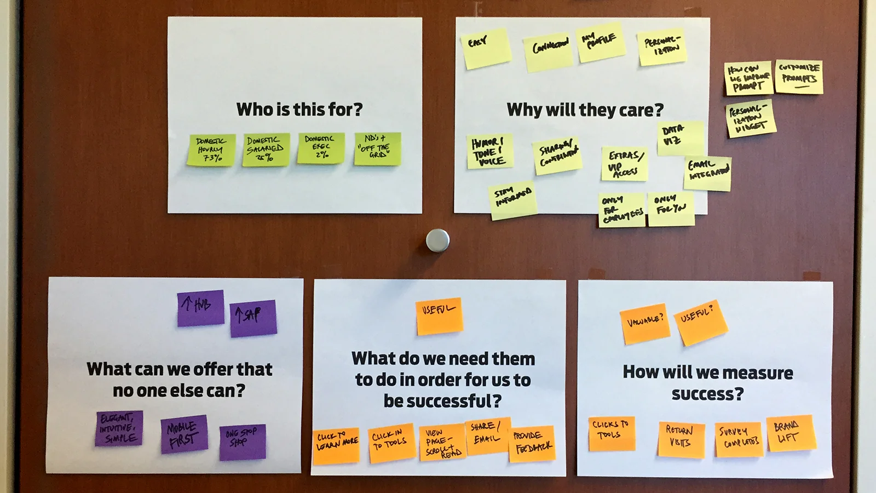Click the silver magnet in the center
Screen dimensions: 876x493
(x=437, y=240)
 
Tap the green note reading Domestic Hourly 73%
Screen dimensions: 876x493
(x=211, y=150)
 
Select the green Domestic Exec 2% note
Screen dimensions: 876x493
(x=321, y=148)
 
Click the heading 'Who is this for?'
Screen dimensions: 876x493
(x=299, y=110)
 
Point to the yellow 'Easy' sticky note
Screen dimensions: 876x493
(x=487, y=49)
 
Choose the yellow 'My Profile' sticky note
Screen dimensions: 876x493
(x=601, y=42)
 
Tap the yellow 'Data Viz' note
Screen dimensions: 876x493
(x=680, y=137)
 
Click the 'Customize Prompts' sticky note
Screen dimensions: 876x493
(x=799, y=76)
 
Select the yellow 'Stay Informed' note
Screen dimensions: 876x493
(x=513, y=199)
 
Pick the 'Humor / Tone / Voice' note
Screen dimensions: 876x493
(x=489, y=151)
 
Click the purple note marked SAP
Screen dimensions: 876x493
(x=253, y=318)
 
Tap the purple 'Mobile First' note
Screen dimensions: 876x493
(x=184, y=434)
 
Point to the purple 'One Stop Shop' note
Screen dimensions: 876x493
(x=243, y=442)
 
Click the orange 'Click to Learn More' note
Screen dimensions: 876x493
(x=336, y=445)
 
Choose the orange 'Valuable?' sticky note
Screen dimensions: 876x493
(x=645, y=323)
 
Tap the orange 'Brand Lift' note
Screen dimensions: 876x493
(x=791, y=433)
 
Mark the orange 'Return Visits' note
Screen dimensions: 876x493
(x=681, y=439)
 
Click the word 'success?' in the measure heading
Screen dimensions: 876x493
(x=707, y=394)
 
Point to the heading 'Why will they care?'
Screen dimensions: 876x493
(x=585, y=110)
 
